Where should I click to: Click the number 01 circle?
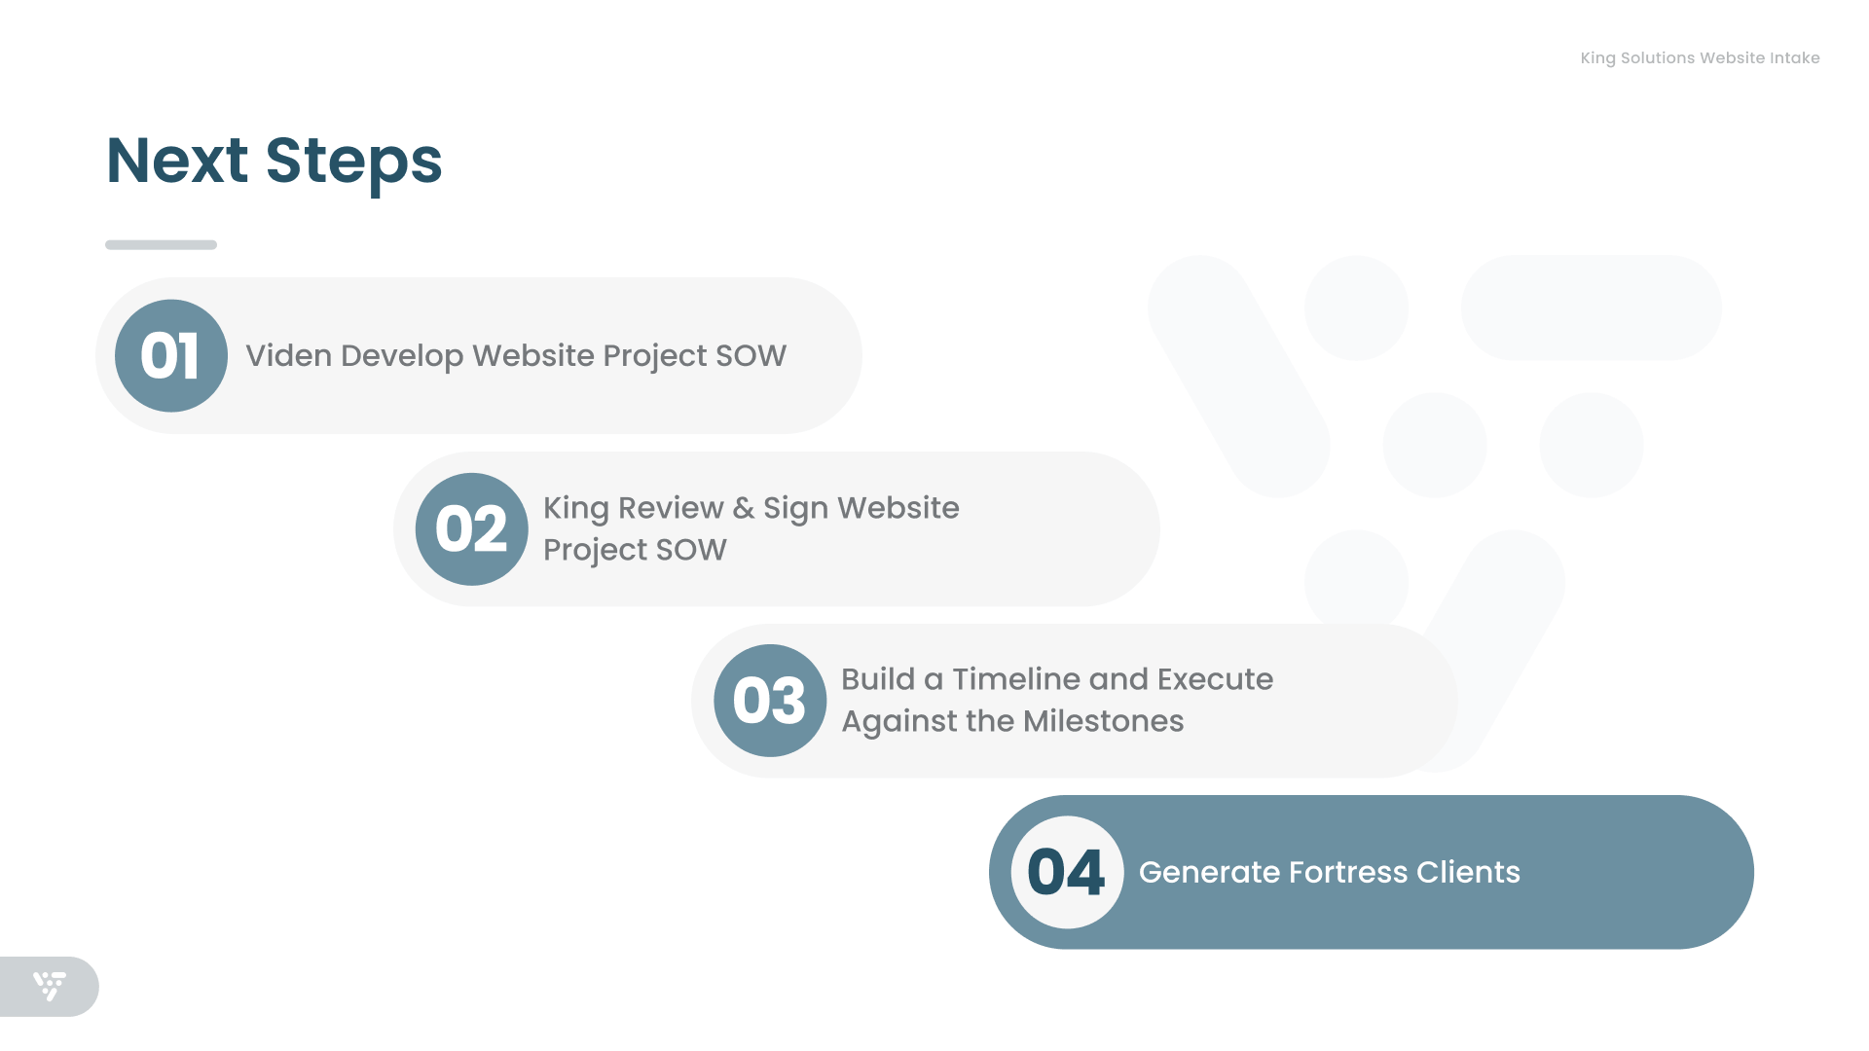(171, 355)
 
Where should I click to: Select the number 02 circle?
(472, 528)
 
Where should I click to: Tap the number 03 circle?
(770, 700)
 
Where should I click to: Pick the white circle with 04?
(1068, 872)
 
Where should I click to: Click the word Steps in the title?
(354, 163)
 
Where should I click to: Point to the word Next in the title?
(177, 161)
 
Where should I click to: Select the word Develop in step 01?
(402, 357)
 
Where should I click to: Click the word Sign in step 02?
(795, 509)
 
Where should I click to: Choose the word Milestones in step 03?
(1104, 721)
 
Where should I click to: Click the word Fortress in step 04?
(1348, 872)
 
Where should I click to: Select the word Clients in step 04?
(1468, 872)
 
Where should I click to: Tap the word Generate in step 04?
(1210, 872)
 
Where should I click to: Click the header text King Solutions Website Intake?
(1700, 58)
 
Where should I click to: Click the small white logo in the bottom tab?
(50, 986)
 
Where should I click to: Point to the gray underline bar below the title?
(161, 244)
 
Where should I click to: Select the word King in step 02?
(576, 509)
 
